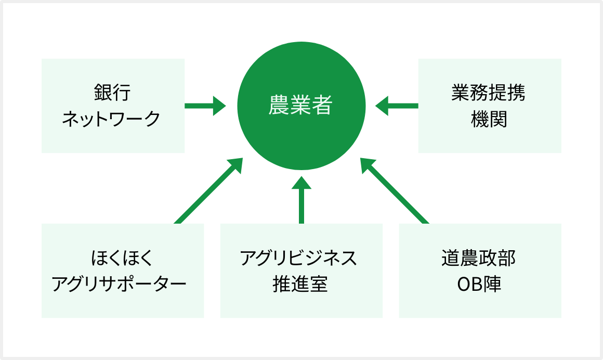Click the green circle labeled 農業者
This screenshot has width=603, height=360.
pos(301,106)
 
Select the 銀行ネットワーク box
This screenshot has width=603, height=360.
pos(113,106)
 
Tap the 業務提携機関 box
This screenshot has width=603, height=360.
pos(490,106)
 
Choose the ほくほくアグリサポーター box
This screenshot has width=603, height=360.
pos(123,271)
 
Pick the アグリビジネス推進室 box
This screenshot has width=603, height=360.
pos(301,271)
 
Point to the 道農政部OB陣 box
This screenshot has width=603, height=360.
pos(480,271)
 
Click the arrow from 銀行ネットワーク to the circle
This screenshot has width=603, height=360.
pos(205,106)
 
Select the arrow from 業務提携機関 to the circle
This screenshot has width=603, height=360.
pos(397,106)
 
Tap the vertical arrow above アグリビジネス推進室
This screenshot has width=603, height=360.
pos(301,200)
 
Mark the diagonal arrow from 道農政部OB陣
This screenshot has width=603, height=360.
pos(395,190)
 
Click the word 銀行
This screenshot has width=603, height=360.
pos(112,93)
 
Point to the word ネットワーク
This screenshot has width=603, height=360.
pos(111,119)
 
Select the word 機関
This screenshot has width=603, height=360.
pos(489,119)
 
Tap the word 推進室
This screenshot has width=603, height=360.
pos(300,284)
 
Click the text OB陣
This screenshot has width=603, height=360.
pos(479,284)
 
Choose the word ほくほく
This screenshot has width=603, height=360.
pos(122,258)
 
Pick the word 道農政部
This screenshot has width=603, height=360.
pos(479,258)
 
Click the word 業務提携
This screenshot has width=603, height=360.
pos(489,93)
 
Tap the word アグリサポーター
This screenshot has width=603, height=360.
pos(119,284)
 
